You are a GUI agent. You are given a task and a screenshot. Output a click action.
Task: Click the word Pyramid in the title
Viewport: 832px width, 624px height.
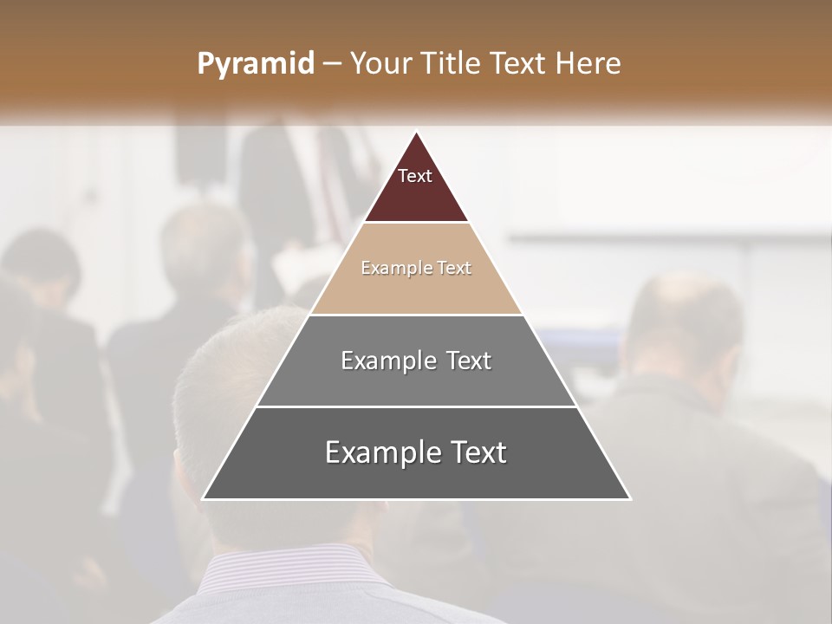tap(255, 64)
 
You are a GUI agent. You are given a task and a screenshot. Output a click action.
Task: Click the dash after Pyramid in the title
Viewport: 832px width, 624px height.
tap(331, 64)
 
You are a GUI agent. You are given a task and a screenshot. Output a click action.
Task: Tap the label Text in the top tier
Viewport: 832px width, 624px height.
tap(415, 176)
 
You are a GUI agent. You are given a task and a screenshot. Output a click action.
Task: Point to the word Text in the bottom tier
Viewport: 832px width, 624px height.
tap(475, 452)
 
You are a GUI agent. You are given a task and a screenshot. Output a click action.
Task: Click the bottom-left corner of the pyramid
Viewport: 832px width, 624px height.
tap(203, 498)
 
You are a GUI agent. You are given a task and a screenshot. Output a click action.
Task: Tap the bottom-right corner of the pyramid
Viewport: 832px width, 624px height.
tap(630, 498)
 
